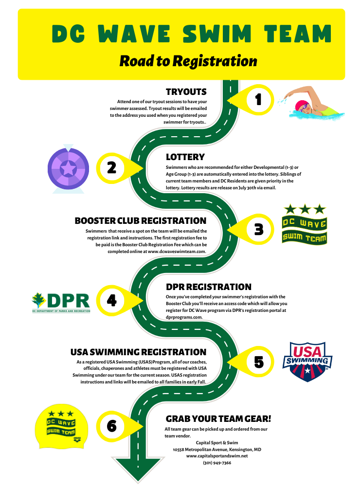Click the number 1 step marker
(x=258, y=99)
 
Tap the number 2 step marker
(x=111, y=167)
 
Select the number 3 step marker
(x=258, y=229)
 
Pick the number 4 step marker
(x=111, y=300)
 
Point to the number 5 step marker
(x=258, y=362)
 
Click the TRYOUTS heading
(x=186, y=92)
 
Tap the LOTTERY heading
(x=185, y=157)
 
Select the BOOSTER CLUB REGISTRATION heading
(x=141, y=221)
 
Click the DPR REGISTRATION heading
(x=209, y=287)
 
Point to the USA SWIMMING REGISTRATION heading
(x=139, y=352)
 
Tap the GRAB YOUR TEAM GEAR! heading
(x=218, y=418)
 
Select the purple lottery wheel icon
(x=68, y=168)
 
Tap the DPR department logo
(x=61, y=302)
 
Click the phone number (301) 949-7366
(x=217, y=463)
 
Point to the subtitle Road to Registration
(x=188, y=61)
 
